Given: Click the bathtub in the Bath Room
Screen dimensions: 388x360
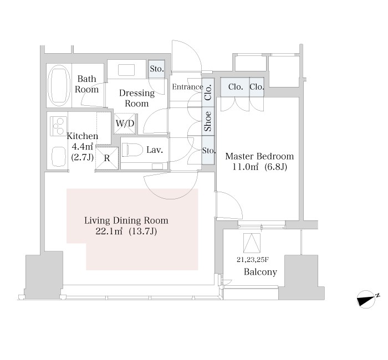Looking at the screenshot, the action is [x=59, y=85].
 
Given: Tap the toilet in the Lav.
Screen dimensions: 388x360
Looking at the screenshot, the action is [x=132, y=150].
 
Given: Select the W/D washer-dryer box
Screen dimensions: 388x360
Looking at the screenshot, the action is [x=125, y=124].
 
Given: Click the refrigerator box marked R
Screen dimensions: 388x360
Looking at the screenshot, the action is [x=107, y=158].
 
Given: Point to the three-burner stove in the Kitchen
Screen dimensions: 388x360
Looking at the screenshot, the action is [x=59, y=126].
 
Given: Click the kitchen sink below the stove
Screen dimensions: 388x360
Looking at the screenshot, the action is [x=59, y=157].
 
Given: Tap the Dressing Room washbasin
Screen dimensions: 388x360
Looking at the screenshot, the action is [x=126, y=70].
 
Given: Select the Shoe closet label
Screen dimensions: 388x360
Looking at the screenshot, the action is [x=208, y=121].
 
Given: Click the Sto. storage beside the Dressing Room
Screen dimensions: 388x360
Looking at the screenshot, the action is [x=157, y=69].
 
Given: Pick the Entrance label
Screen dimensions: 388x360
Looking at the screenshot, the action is [x=187, y=87].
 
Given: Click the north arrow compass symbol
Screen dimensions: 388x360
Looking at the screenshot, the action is [x=367, y=300].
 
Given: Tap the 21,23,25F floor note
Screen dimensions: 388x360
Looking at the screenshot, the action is [x=253, y=260].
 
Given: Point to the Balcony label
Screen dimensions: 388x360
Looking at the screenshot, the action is [x=261, y=272].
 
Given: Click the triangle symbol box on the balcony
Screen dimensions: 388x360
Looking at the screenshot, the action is [x=252, y=242].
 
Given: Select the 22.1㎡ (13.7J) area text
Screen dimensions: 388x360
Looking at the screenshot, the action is [x=126, y=232].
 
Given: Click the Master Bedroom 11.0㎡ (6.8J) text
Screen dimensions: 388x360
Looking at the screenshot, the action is [x=259, y=162].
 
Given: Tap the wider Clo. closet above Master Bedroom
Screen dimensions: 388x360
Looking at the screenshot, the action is [x=235, y=87].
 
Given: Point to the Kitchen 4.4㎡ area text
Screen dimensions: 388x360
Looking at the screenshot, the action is [x=83, y=147].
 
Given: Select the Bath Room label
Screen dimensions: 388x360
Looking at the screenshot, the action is [x=86, y=84].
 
